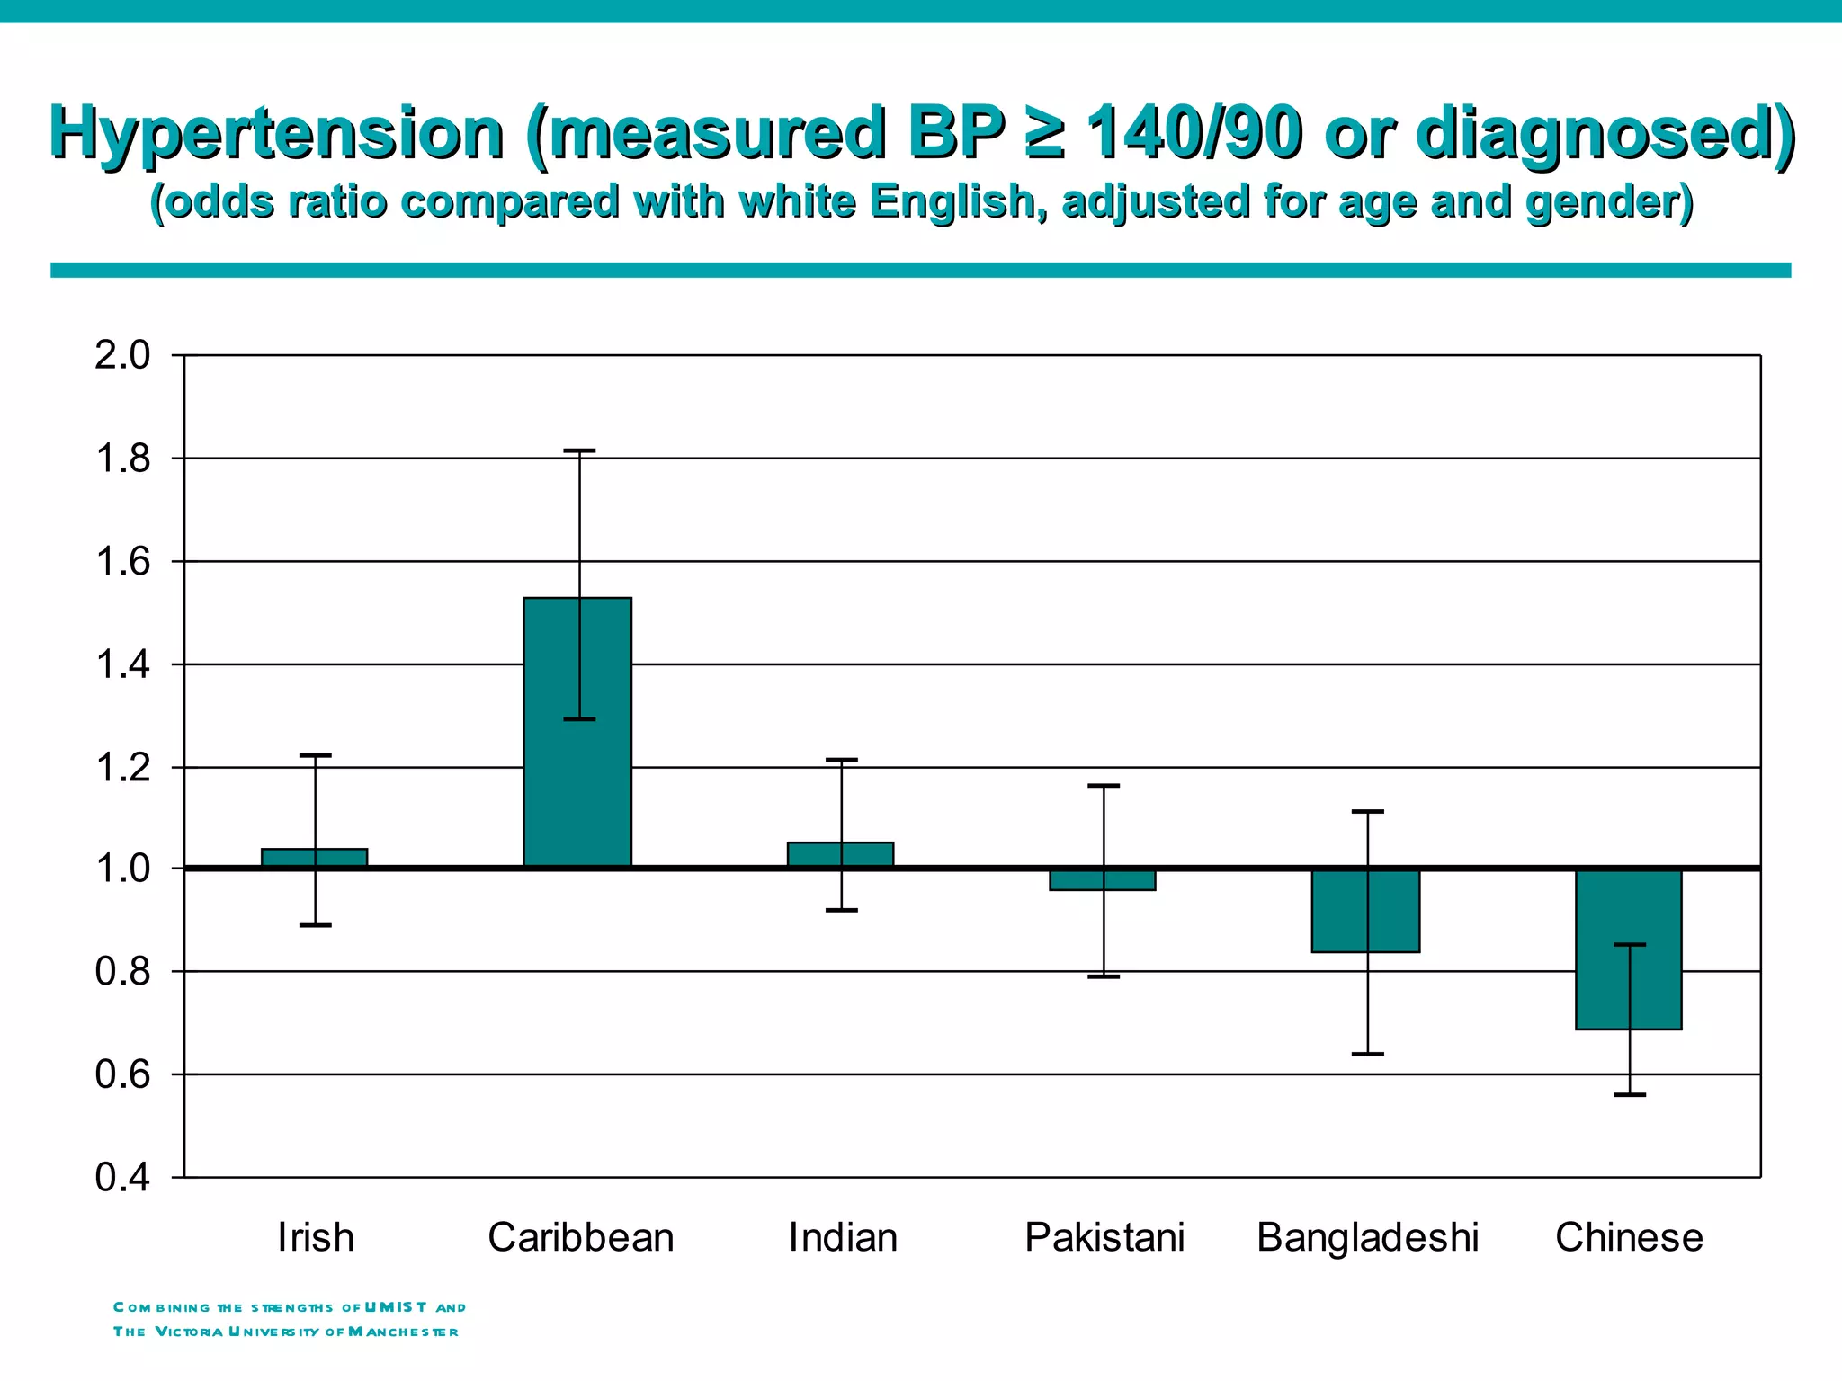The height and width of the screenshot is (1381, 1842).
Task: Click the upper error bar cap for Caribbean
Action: tap(579, 450)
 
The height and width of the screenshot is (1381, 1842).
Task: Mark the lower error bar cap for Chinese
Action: tap(1630, 1094)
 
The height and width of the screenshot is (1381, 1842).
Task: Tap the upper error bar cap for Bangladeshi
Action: tap(1367, 812)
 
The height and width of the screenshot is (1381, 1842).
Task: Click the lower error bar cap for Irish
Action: tap(316, 925)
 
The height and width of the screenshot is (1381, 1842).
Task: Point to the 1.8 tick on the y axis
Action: tap(122, 459)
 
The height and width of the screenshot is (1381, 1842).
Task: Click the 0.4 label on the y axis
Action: tap(122, 1178)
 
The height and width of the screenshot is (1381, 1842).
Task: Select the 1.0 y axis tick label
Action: tap(122, 869)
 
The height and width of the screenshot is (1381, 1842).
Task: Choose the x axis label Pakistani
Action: tap(1104, 1237)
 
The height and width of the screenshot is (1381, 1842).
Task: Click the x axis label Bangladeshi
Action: tap(1367, 1237)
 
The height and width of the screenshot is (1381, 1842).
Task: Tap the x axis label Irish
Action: tap(316, 1237)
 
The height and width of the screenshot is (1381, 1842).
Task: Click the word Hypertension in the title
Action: tap(276, 133)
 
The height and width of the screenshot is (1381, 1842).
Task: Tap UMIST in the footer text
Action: tap(396, 1307)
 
